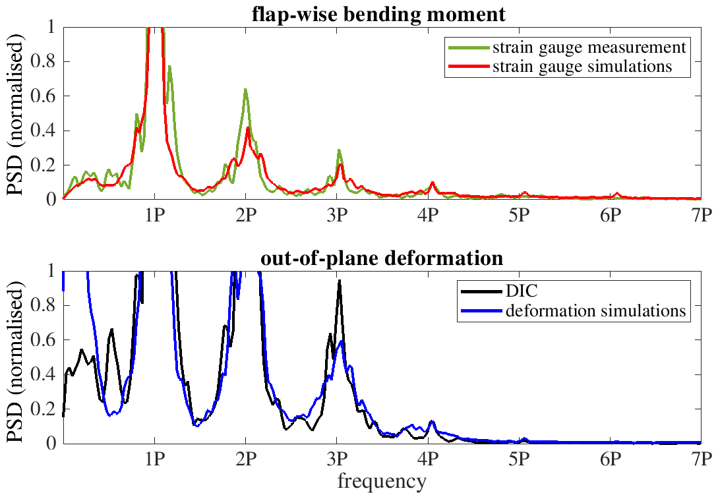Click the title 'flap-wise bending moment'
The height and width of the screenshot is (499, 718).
[x=378, y=14]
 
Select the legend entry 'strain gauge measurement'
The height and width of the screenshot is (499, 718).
[x=588, y=47]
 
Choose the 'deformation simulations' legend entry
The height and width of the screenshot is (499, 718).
[x=595, y=310]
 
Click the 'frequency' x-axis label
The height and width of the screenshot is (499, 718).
[x=382, y=482]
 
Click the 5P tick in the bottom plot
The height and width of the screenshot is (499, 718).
[x=519, y=459]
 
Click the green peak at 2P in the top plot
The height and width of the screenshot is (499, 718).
[x=245, y=90]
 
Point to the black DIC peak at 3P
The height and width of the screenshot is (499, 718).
[x=339, y=281]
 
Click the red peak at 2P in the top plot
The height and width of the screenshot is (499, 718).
[x=248, y=128]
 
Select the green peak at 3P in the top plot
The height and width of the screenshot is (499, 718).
[x=339, y=150]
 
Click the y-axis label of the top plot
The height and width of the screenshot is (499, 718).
[x=16, y=113]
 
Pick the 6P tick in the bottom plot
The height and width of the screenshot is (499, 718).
[x=610, y=459]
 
